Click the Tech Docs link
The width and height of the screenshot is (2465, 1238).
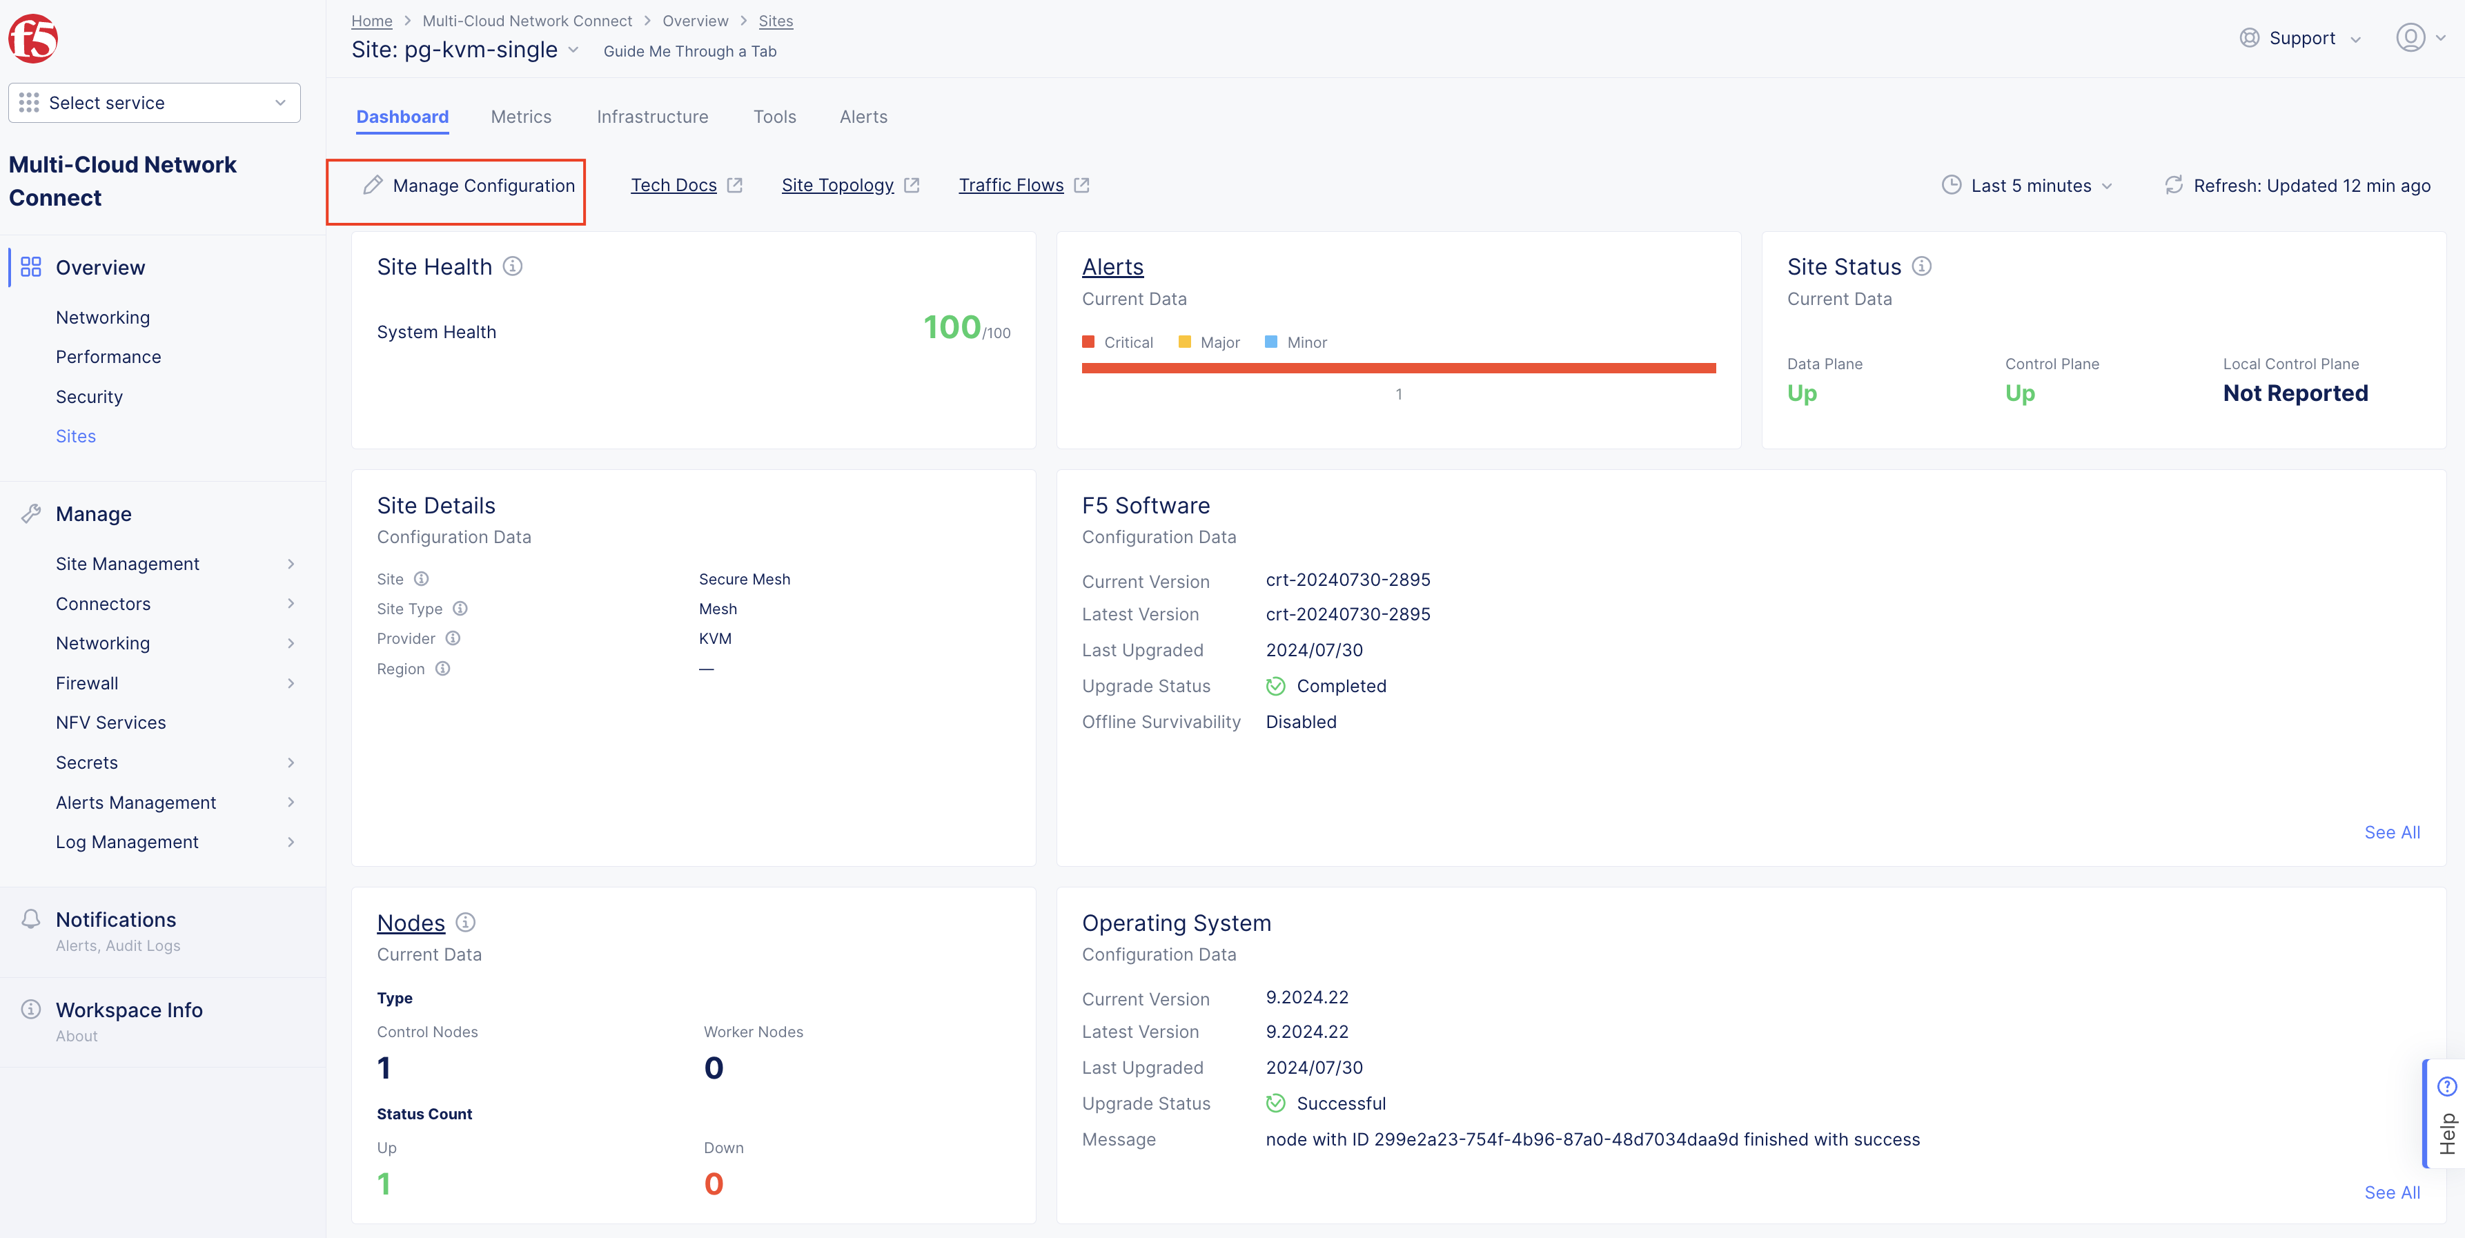(x=674, y=186)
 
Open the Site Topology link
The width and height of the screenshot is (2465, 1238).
(x=837, y=186)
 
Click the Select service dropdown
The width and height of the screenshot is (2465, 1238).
(x=154, y=102)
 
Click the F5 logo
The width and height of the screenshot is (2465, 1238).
(x=34, y=38)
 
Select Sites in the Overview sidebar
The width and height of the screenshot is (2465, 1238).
(x=76, y=436)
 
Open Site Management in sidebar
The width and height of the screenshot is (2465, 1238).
(x=127, y=564)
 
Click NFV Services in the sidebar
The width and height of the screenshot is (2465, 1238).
(x=111, y=723)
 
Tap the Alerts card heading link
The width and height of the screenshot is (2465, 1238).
(x=1112, y=267)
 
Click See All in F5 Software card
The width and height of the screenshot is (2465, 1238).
(x=2391, y=832)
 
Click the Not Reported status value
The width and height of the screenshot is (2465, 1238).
(x=2295, y=393)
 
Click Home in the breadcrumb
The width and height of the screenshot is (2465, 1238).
(x=371, y=21)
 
